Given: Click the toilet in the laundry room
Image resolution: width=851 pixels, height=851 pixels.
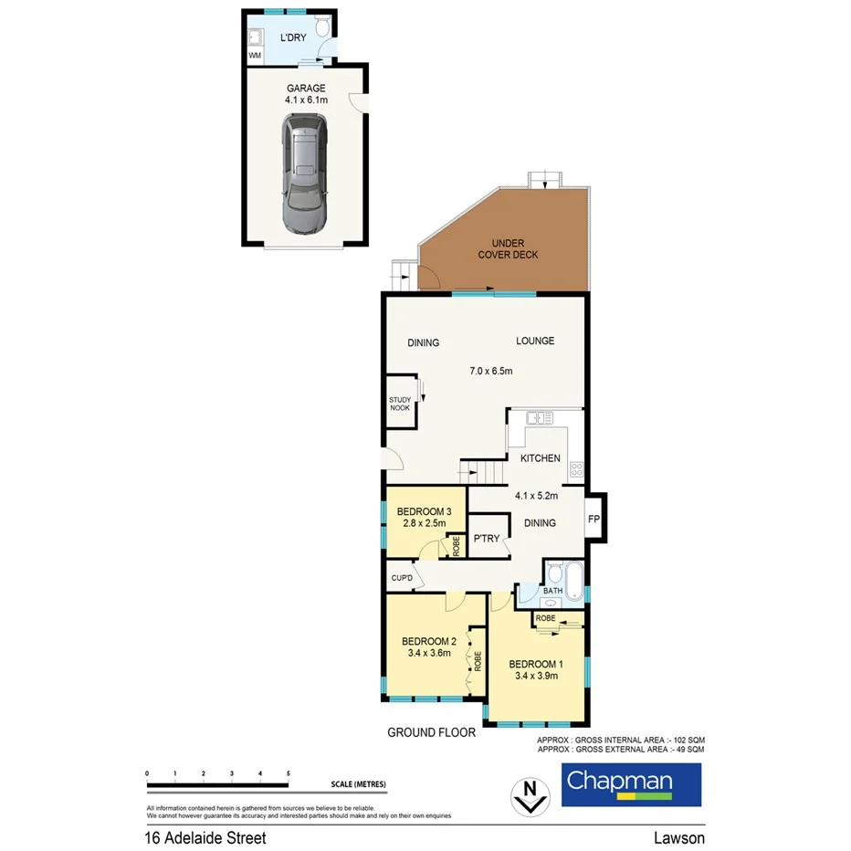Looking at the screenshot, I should coord(322,29).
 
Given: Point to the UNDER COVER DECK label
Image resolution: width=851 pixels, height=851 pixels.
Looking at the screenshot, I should coord(508,249).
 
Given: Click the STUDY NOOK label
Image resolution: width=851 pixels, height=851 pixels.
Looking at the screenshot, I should coord(401,404).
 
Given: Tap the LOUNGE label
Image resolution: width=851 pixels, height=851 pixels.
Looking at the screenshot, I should coord(535,341).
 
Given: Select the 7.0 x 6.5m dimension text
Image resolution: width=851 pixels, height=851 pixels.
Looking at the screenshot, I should coord(491,371).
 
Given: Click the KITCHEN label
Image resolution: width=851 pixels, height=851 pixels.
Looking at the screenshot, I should coord(540,458).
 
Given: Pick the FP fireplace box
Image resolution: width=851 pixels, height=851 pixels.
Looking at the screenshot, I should coord(594,520).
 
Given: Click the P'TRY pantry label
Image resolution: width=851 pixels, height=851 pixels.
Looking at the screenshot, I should coord(487,539).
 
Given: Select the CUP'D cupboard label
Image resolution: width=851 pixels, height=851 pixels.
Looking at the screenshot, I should coord(402,578).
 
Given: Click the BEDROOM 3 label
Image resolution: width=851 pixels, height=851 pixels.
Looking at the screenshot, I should coord(424,510).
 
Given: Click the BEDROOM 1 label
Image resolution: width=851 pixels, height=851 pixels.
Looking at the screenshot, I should coord(534,664).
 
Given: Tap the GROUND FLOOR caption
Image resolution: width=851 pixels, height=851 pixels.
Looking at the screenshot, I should coord(431,731).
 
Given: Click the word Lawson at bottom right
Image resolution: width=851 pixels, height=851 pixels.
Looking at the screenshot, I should coord(678,837).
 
